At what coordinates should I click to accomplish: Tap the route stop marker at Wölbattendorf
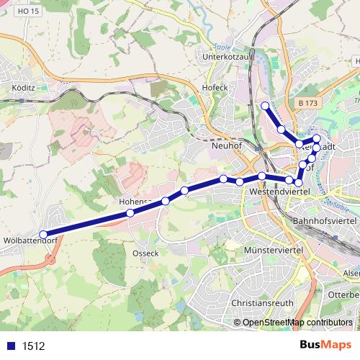tap(43, 234)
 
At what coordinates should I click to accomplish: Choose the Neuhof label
tap(228, 144)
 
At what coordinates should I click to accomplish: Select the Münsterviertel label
tap(274, 248)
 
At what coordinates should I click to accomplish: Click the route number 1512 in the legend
tap(32, 346)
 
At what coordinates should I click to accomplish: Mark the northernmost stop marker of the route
tap(265, 106)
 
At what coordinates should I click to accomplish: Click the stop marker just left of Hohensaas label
tap(130, 213)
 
